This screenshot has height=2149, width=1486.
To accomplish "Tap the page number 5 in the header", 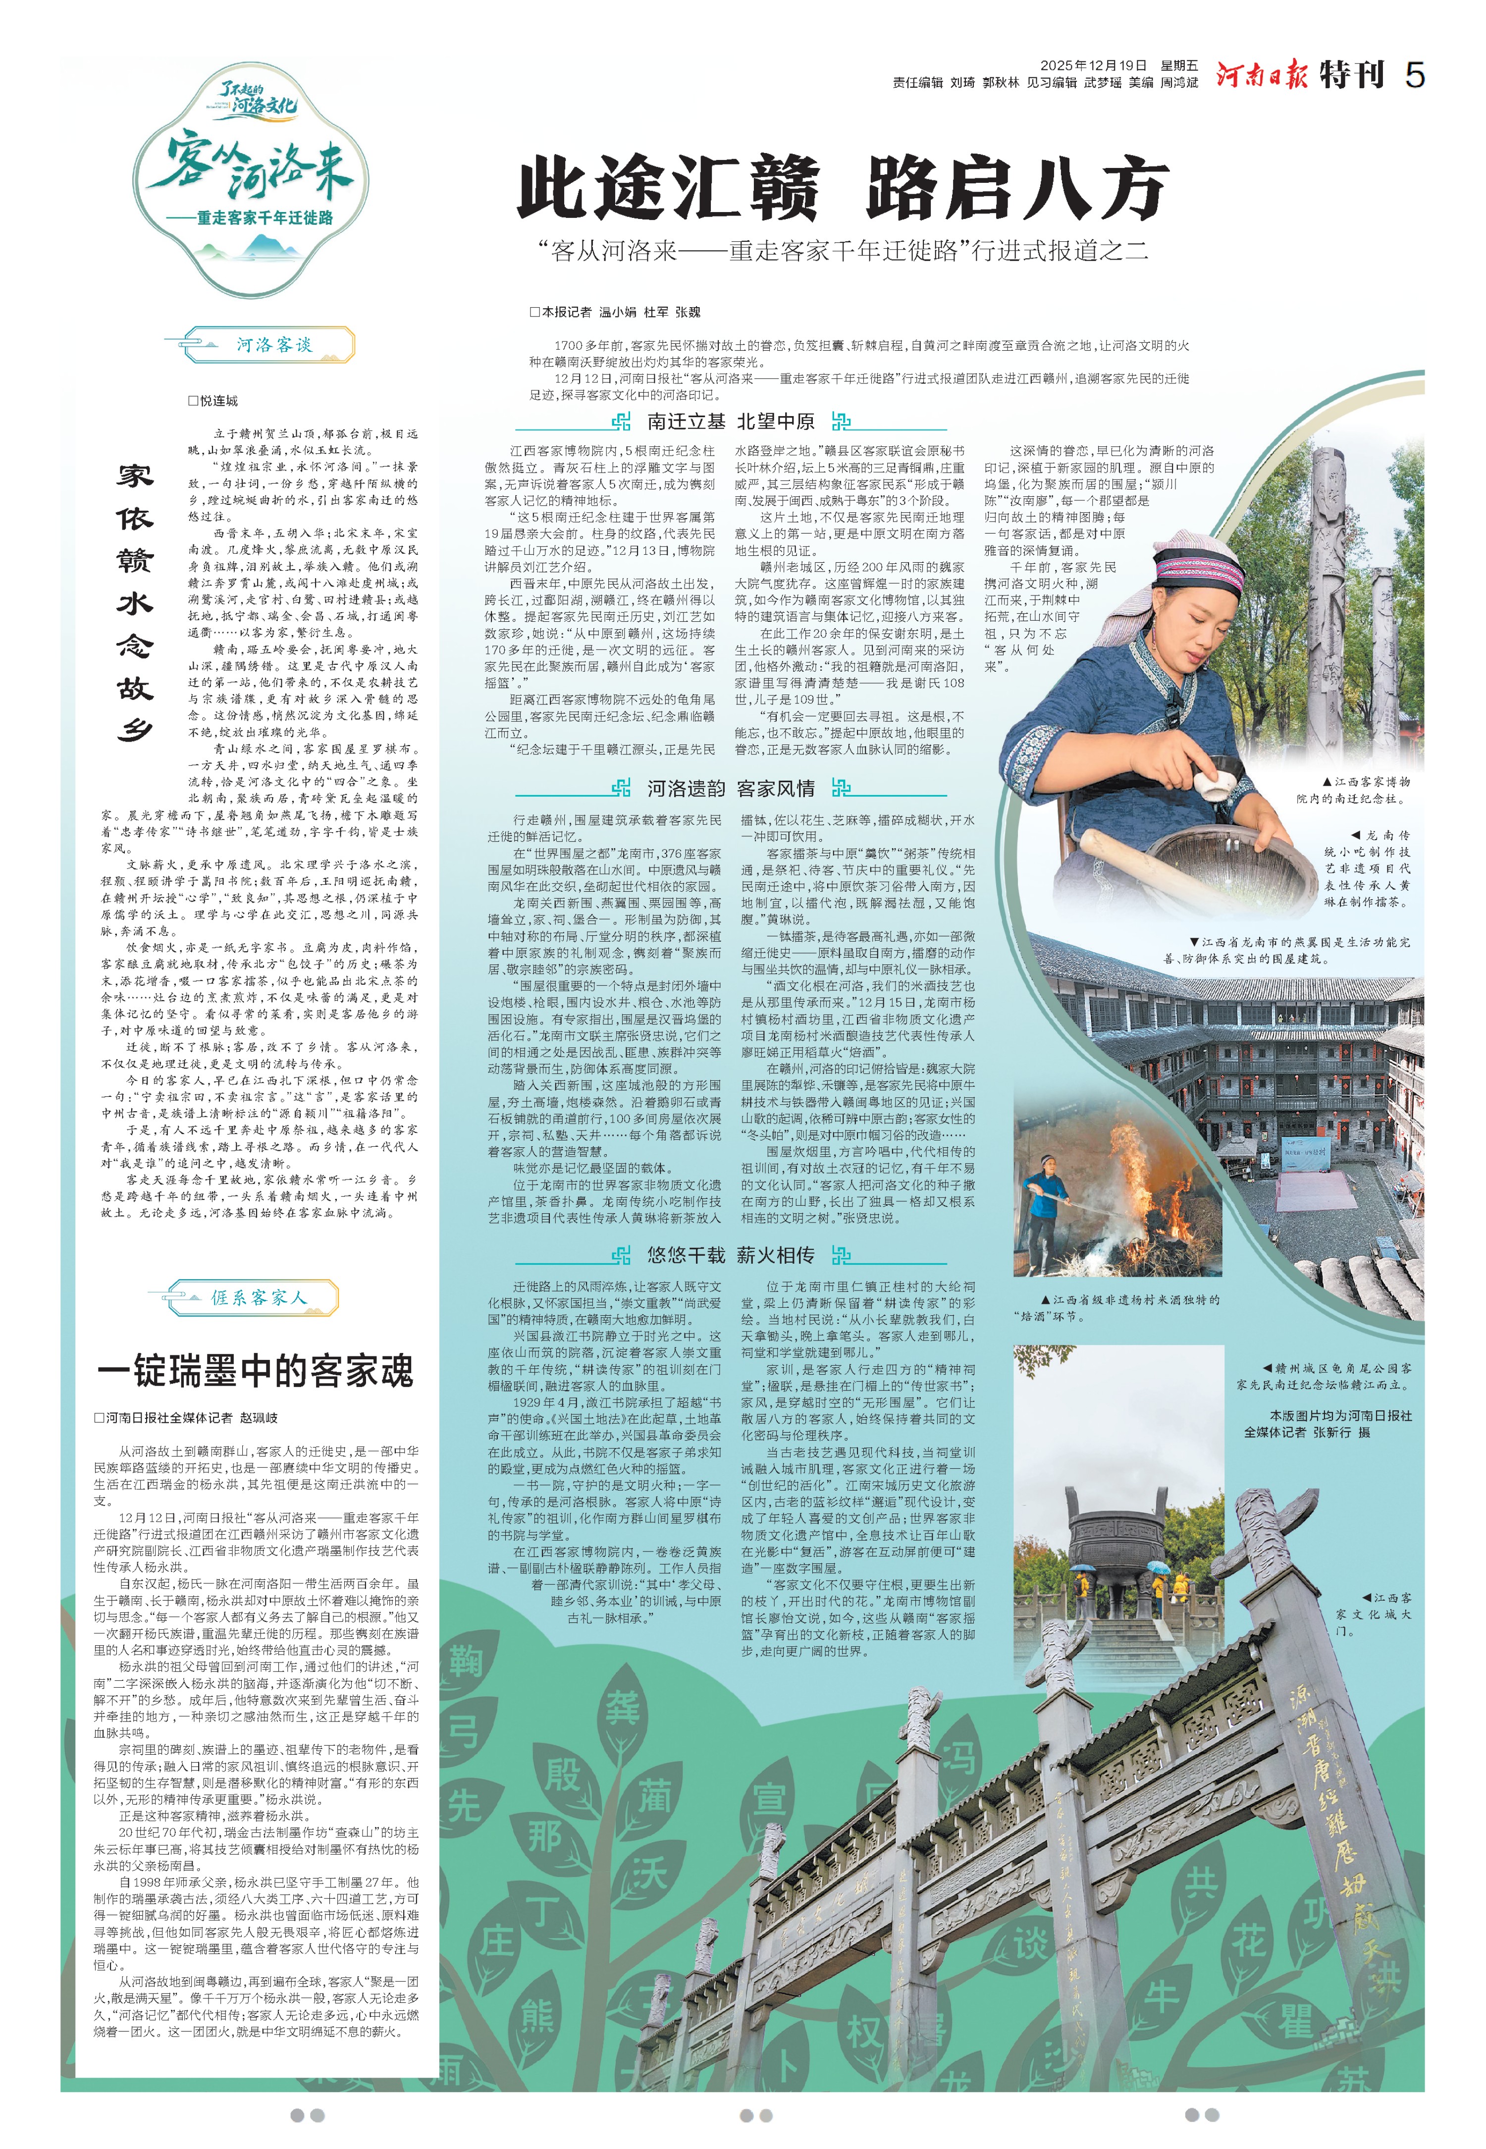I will (1414, 74).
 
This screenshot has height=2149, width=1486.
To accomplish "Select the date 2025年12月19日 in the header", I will (1093, 65).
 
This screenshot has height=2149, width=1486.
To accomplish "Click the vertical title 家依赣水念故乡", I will (135, 603).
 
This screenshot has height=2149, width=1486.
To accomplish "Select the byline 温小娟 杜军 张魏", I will (650, 312).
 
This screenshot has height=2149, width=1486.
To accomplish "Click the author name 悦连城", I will (219, 400).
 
